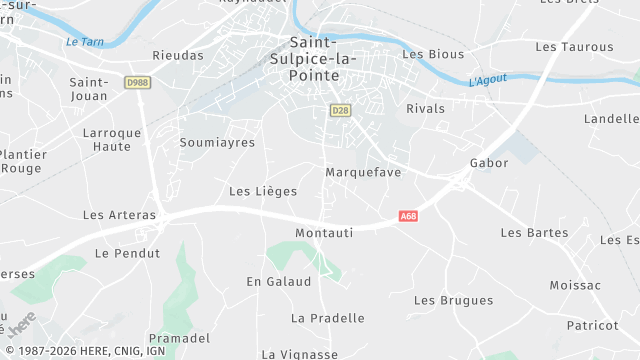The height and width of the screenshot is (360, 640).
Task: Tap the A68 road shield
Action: (407, 215)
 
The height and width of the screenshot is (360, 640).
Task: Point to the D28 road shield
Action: (340, 110)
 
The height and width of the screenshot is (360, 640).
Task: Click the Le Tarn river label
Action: (85, 41)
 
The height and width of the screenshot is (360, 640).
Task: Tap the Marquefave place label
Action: (363, 172)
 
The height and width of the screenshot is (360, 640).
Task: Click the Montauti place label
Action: (325, 232)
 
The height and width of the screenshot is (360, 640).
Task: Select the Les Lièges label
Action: (263, 190)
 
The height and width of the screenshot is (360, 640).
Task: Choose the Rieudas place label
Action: (178, 55)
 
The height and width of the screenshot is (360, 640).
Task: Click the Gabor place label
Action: (489, 162)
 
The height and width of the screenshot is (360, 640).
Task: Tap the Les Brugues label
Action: (453, 300)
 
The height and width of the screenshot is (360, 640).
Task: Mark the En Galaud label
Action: (279, 281)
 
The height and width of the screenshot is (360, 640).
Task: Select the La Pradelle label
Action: (327, 318)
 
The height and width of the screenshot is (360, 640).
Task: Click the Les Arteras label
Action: (119, 214)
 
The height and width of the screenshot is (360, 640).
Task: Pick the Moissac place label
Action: (575, 285)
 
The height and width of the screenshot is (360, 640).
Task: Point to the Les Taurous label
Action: (574, 46)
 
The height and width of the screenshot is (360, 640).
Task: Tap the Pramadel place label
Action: (179, 338)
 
